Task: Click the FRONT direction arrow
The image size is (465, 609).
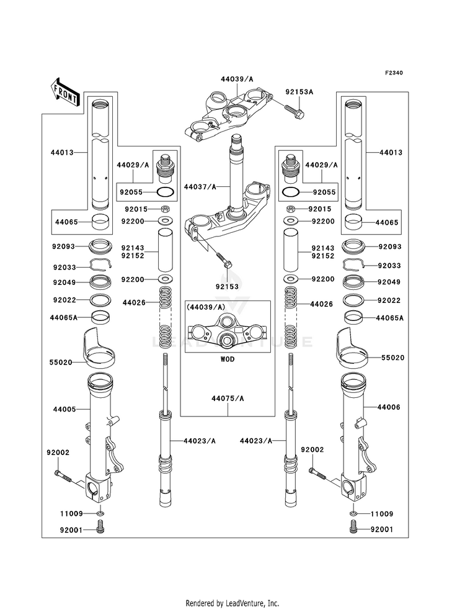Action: click(64, 92)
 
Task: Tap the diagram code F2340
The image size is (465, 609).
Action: click(394, 73)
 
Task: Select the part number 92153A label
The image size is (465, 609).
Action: click(299, 92)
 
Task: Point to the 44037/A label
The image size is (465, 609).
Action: click(200, 187)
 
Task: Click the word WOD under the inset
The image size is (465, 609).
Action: click(228, 359)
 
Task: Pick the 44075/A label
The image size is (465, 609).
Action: click(228, 399)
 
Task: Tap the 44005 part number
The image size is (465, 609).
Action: click(64, 409)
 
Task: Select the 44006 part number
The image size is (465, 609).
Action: click(389, 407)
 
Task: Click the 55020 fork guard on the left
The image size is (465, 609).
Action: click(99, 348)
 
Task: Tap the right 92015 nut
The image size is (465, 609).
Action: click(290, 209)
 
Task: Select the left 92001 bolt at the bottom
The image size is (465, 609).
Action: click(100, 530)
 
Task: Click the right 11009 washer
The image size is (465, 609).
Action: click(353, 513)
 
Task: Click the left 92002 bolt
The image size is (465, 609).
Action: click(64, 475)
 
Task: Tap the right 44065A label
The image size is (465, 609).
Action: click(390, 318)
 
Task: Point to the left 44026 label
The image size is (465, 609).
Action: click(134, 302)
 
